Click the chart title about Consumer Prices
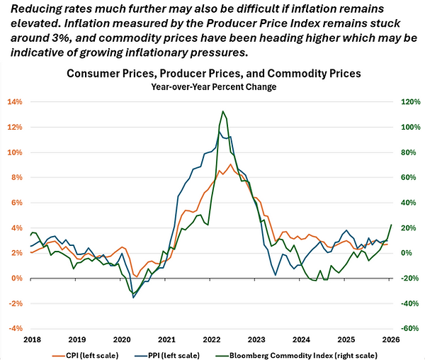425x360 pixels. (213, 73)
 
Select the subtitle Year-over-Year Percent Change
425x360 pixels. (213, 86)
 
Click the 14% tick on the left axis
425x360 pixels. (15, 102)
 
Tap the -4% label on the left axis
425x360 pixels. (15, 329)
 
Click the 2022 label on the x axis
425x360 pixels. (211, 339)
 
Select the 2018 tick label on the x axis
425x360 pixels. (31, 339)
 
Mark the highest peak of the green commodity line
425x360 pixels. (223, 111)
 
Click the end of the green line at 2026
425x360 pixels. (392, 225)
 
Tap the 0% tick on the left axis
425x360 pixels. (17, 279)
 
